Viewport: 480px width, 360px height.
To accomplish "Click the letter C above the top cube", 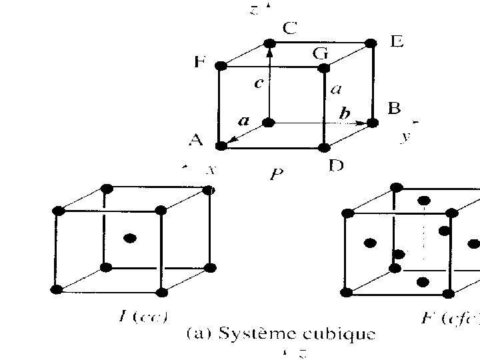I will click(x=291, y=28).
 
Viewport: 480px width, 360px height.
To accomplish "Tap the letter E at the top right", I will click(x=397, y=43).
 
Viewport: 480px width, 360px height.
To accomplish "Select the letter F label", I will click(x=199, y=63).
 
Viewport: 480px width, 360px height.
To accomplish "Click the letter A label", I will click(x=195, y=140).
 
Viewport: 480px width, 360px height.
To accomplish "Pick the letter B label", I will click(x=394, y=108).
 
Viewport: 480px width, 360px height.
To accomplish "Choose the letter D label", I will click(x=337, y=165).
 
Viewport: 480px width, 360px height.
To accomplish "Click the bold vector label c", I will click(x=258, y=84).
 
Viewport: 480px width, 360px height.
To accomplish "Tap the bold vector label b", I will click(x=344, y=114).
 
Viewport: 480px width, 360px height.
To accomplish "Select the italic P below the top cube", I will click(x=277, y=175).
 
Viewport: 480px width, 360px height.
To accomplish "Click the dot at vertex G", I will click(x=324, y=68).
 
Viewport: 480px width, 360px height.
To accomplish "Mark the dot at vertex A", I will click(x=221, y=145).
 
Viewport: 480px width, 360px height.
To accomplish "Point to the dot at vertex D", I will click(x=324, y=147).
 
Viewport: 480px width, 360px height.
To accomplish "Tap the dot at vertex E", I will click(x=372, y=44).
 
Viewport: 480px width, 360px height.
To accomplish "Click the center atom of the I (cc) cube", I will click(x=131, y=238).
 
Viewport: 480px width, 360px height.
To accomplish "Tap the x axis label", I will click(x=211, y=170).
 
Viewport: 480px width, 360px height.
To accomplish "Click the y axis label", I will click(x=404, y=137).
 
